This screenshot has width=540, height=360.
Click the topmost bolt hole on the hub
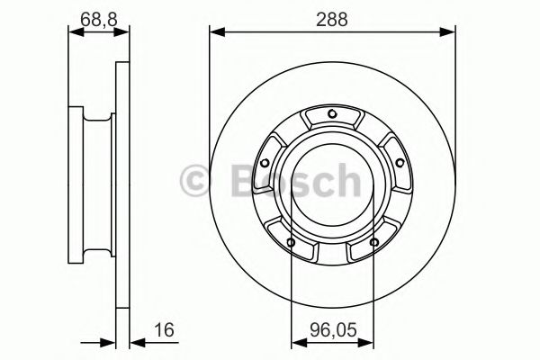tap(332, 112)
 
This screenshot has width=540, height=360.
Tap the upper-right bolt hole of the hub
tap(399, 162)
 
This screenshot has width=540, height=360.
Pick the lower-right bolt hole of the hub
tap(373, 240)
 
